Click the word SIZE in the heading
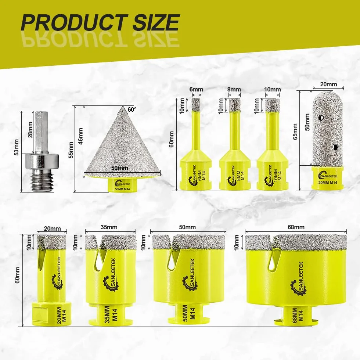(x=156, y=22)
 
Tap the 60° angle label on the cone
(x=132, y=109)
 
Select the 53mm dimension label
(x=17, y=147)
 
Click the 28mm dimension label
(x=30, y=130)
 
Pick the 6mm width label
(x=196, y=89)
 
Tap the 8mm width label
(x=234, y=89)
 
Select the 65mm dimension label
(x=295, y=132)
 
